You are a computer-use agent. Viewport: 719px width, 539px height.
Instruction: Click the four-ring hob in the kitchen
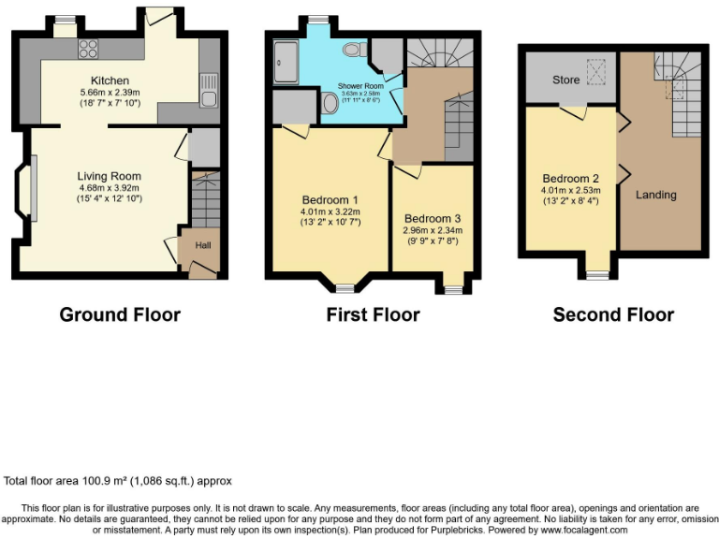90,50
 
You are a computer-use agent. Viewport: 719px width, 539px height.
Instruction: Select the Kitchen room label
110,80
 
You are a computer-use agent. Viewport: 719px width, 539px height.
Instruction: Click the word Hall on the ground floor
202,245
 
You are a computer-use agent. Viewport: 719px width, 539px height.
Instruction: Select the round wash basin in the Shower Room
329,107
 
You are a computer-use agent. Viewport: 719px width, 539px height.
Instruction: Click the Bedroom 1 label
330,200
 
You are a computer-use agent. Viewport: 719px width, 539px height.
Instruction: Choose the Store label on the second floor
565,80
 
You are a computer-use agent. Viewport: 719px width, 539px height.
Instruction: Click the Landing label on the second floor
655,195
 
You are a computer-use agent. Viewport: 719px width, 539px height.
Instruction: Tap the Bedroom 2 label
570,179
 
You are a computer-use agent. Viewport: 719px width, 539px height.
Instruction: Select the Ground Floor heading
120,314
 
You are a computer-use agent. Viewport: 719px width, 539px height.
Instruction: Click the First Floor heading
373,314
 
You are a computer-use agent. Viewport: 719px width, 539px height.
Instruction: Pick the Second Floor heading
613,314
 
